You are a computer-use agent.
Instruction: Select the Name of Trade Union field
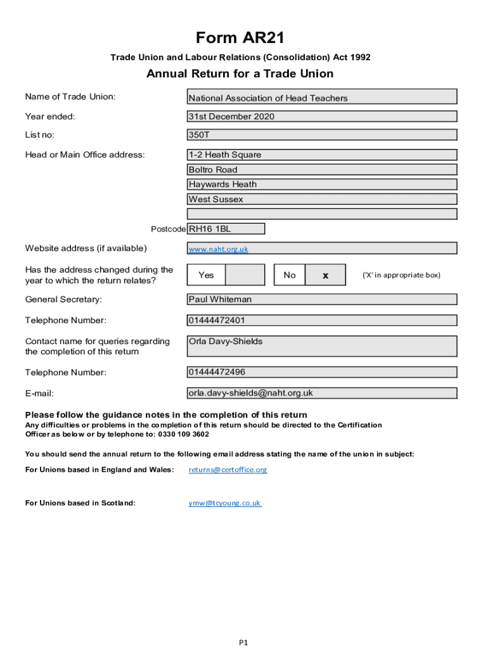[322, 97]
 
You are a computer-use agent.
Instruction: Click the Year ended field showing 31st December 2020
[322, 117]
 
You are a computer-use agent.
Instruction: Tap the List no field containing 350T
[322, 135]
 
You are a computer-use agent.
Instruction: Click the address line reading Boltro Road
[322, 170]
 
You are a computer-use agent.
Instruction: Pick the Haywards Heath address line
[322, 184]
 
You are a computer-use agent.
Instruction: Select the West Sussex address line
[322, 200]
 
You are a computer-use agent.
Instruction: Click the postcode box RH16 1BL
[226, 229]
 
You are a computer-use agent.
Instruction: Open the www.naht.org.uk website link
[218, 249]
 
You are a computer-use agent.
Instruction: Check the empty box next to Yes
[245, 275]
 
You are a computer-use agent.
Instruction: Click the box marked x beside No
[325, 275]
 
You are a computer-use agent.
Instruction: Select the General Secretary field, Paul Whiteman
[322, 299]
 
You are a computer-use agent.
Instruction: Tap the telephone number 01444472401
[322, 320]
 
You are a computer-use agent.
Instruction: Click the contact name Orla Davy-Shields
[322, 346]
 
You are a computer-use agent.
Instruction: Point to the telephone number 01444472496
[322, 372]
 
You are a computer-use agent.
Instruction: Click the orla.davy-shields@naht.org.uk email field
[322, 393]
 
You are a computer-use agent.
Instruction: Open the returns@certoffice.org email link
[228, 470]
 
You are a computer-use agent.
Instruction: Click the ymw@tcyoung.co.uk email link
[224, 503]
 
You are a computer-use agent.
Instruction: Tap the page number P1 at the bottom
[243, 643]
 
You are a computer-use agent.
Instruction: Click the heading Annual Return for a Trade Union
[240, 74]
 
